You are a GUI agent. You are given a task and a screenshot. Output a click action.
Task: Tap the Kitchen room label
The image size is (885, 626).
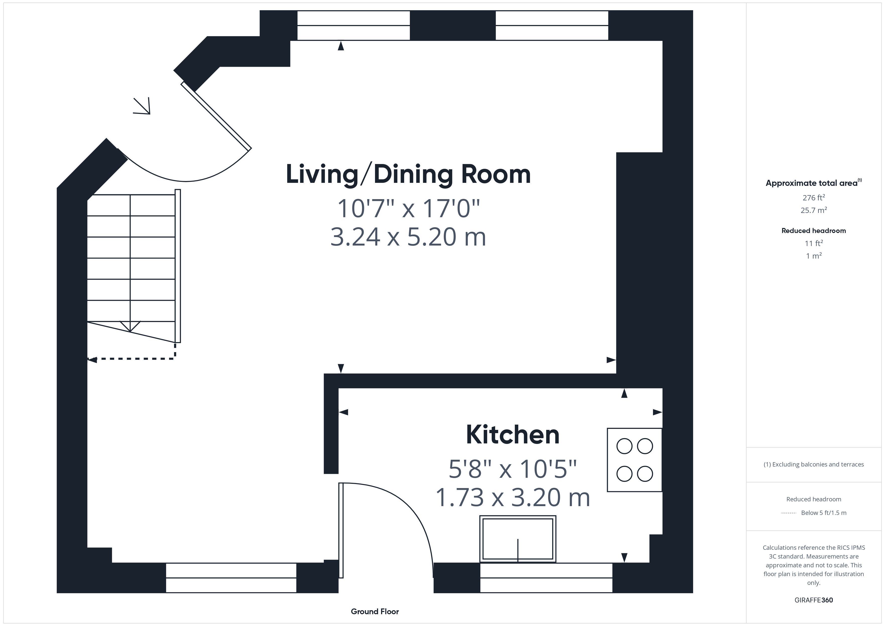point(513,435)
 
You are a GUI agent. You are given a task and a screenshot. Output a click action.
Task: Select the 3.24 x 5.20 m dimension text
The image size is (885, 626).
point(408,237)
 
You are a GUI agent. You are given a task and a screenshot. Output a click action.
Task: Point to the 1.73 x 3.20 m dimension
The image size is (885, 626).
point(513,497)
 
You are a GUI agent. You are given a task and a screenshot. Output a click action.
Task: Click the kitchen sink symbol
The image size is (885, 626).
point(518,539)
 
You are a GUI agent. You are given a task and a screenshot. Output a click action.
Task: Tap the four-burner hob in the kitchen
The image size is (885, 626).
point(634,460)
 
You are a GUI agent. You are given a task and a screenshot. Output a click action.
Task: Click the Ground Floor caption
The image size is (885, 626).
point(375,611)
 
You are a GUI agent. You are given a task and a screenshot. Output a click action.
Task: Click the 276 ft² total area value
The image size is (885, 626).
point(814,198)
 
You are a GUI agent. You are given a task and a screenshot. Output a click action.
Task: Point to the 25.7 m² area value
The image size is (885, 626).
point(814,210)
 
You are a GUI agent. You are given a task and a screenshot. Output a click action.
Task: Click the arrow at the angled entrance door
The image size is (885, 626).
point(142,106)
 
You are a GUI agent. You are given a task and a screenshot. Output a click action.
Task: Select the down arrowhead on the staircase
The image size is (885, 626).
point(130,326)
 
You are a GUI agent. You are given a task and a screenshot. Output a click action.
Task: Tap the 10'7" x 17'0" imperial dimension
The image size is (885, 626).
point(408,208)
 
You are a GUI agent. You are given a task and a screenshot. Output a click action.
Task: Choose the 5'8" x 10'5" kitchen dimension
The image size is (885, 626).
point(513,469)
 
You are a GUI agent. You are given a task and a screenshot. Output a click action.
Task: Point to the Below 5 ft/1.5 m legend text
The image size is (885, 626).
point(824,513)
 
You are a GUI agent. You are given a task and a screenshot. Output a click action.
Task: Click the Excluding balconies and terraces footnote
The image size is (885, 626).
point(814,464)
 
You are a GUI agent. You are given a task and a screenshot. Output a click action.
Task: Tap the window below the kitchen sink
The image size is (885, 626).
point(546,578)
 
